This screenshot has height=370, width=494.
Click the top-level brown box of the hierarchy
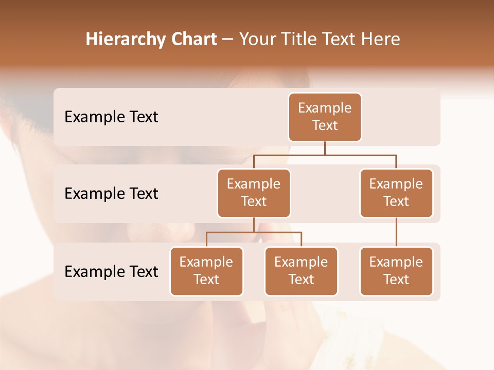coord(325,117)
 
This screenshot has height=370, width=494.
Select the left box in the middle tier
coord(254,193)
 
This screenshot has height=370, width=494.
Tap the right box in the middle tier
coord(396,193)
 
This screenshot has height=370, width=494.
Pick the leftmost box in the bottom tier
coord(206,271)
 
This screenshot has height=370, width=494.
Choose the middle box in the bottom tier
coord(301,271)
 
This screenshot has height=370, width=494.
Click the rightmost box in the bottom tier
coord(396,271)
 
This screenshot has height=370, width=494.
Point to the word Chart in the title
coord(192,39)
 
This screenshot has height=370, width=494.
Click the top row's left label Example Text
coord(111,117)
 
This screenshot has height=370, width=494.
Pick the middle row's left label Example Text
coord(111,193)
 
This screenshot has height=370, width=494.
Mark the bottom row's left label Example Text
coord(111,271)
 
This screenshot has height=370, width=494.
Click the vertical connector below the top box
coord(325,148)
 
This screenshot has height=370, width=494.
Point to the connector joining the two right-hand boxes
coord(396,232)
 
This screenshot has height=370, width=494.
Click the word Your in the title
coord(257,39)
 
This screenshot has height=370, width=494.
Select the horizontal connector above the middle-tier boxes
coord(325,155)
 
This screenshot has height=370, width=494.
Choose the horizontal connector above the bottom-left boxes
coord(254,232)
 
